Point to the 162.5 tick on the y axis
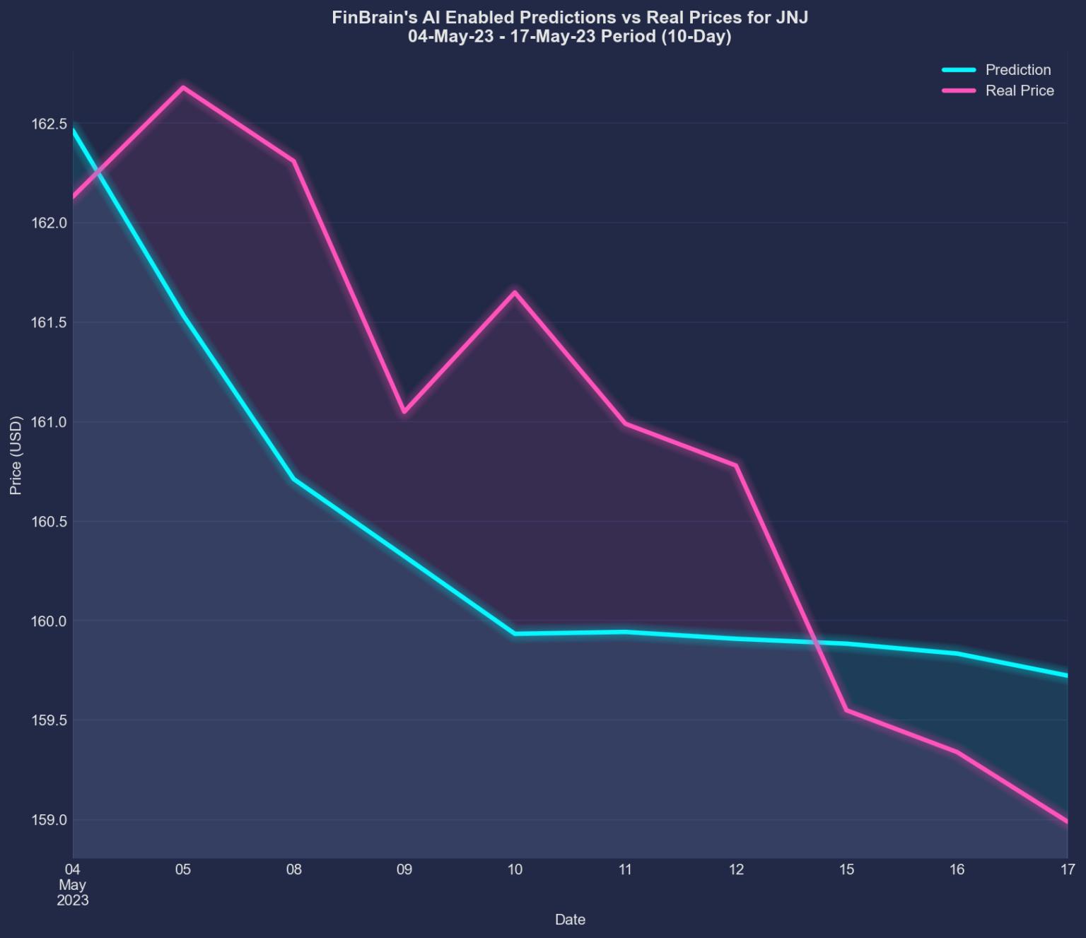point(49,124)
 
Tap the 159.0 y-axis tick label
point(49,821)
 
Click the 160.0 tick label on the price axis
point(49,621)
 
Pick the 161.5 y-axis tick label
point(49,323)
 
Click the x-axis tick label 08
point(293,869)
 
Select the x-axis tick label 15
point(846,869)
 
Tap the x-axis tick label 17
point(1067,869)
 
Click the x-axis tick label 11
point(625,869)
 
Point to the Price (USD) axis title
point(16,455)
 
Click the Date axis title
point(570,920)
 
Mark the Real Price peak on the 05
point(184,88)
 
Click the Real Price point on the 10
point(515,292)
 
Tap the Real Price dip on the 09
point(404,411)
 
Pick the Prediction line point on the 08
point(293,479)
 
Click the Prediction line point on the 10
point(515,633)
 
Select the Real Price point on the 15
point(846,710)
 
